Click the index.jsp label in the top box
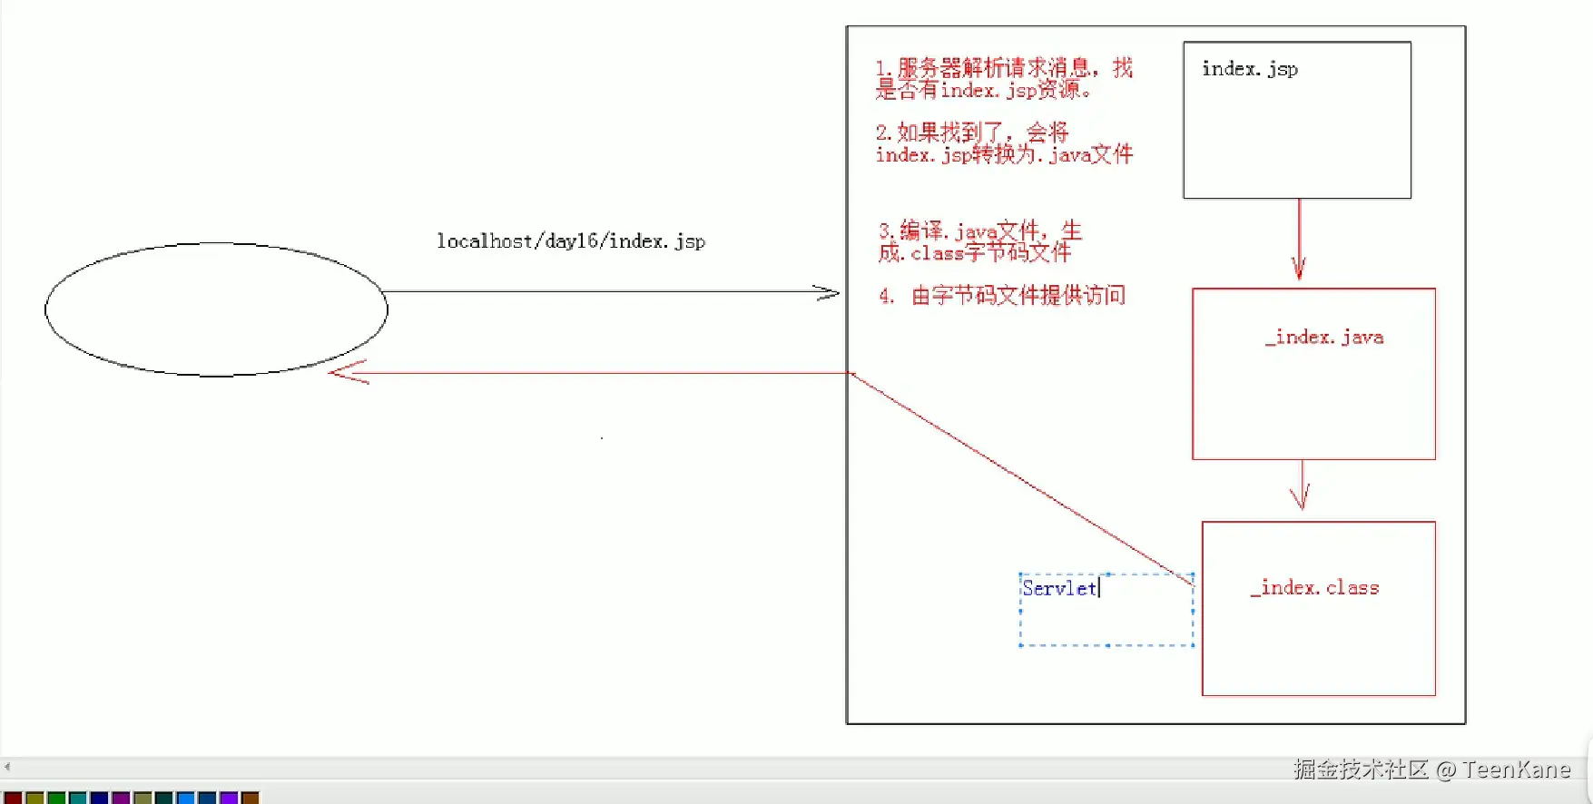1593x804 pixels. [1249, 69]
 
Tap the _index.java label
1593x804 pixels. [1324, 338]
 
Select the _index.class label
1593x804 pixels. [1314, 588]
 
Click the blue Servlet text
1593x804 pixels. [1058, 588]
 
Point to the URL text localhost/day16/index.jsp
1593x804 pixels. [570, 241]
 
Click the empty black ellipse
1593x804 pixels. [216, 309]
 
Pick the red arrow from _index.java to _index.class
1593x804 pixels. [1302, 486]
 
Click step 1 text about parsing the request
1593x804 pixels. [1003, 79]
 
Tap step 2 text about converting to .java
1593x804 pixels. [1003, 143]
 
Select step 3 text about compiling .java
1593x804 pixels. [979, 241]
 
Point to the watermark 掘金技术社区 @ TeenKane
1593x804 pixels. [1431, 770]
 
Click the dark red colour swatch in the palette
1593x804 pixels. [13, 798]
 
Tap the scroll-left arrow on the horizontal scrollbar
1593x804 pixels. [7, 767]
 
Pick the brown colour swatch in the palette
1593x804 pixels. [251, 798]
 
